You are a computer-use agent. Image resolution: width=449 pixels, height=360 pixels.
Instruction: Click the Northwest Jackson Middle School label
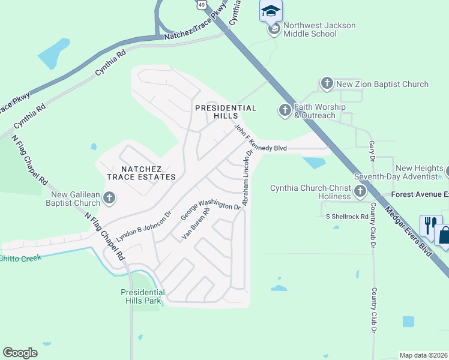[319, 29]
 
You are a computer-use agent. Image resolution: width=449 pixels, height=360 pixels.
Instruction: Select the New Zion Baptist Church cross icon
[327, 84]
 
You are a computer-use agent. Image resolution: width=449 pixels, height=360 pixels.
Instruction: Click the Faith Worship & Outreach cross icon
[285, 110]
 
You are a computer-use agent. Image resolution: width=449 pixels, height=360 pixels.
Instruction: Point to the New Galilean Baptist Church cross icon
[109, 197]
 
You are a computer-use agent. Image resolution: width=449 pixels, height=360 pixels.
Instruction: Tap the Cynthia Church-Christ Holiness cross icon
[360, 192]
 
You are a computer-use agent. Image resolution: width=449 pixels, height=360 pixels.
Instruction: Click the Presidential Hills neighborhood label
[226, 108]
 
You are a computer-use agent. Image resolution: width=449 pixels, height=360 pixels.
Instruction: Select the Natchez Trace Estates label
[141, 172]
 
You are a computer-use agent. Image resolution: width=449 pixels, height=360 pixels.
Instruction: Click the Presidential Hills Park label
[142, 296]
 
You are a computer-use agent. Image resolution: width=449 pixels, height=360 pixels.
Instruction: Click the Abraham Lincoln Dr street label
[247, 177]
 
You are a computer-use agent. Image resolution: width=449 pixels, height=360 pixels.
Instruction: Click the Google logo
[20, 353]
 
